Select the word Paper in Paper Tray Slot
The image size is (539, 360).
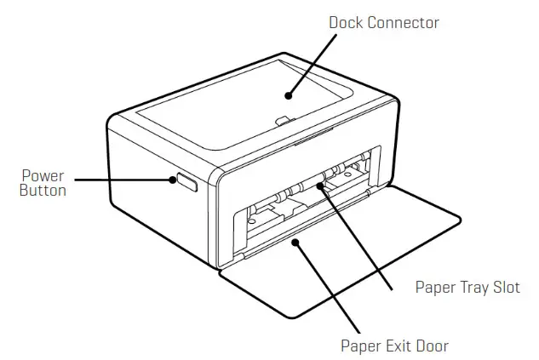coord(433,286)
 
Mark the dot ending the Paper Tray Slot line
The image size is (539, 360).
coord(322,182)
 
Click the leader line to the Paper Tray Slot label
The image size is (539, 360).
coord(358,235)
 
